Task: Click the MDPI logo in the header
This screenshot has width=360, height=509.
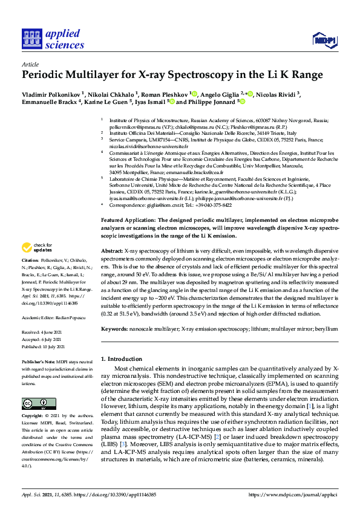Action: [324, 41]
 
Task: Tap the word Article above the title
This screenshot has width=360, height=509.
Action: [30, 63]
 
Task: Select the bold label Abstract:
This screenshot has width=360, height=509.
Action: [113, 250]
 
